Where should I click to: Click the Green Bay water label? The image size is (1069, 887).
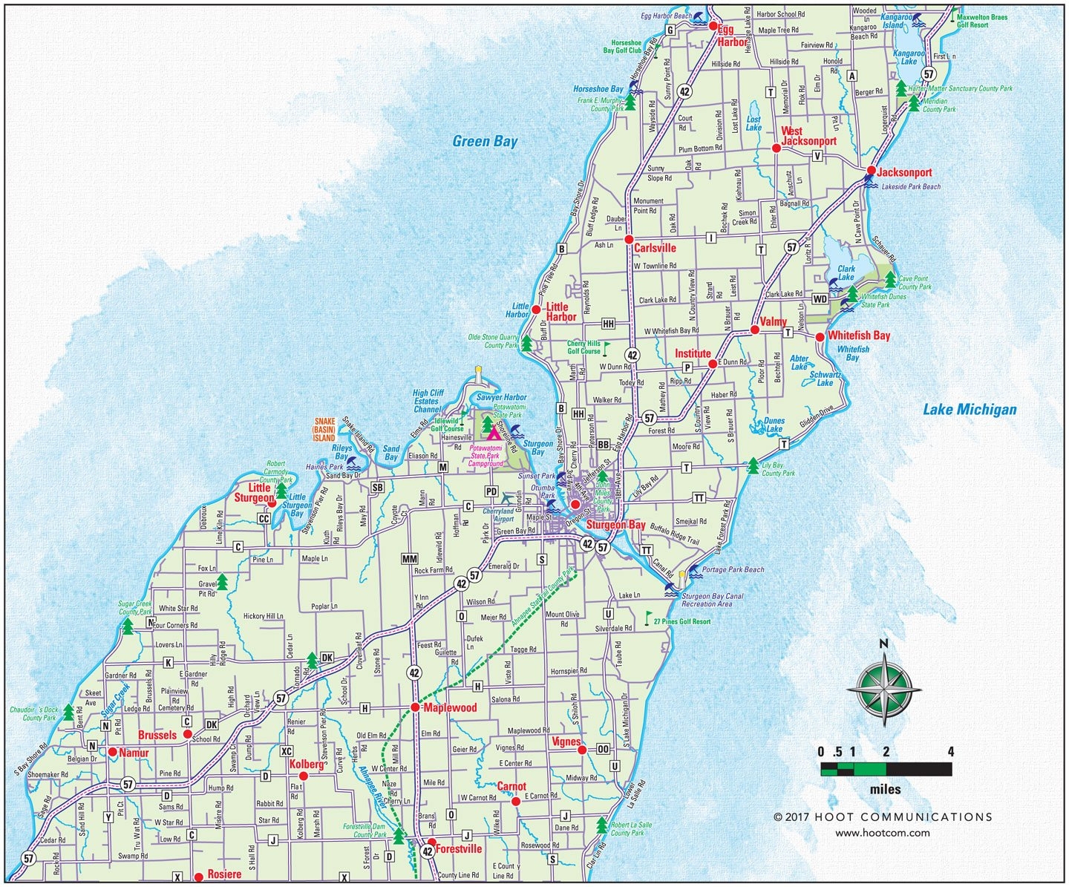485,142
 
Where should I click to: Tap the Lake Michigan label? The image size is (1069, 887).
970,409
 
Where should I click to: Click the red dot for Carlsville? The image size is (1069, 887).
628,240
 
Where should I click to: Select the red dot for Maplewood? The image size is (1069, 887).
416,708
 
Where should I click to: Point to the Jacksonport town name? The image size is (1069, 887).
904,173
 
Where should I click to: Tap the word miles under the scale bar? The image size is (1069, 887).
885,789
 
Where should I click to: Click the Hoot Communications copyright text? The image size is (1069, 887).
883,817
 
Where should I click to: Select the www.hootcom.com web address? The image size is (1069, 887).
882,833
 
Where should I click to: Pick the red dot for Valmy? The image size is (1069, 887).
754,330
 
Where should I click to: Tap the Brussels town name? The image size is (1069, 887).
157,736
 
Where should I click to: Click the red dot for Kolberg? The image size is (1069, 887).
303,776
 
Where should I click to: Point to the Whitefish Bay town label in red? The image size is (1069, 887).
859,336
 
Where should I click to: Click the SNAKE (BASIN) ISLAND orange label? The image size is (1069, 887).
324,430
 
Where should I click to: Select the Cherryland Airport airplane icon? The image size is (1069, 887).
507,497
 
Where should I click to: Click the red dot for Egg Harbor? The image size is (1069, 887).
712,27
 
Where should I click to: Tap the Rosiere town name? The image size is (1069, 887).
224,874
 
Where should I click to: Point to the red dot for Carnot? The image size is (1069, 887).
515,801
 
